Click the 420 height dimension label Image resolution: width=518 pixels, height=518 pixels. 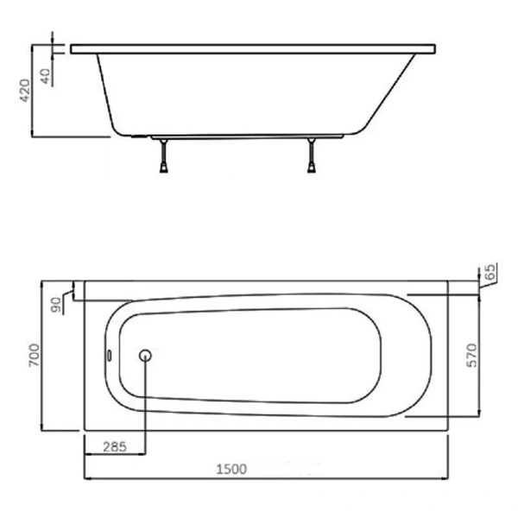pyautogui.click(x=25, y=91)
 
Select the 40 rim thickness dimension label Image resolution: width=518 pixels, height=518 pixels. pyautogui.click(x=46, y=76)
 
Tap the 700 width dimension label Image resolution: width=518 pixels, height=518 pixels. pyautogui.click(x=34, y=355)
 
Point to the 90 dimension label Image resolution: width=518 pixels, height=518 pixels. pyautogui.click(x=56, y=305)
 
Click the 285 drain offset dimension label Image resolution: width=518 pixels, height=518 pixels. pyautogui.click(x=115, y=447)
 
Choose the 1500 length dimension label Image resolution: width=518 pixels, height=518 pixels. pyautogui.click(x=231, y=469)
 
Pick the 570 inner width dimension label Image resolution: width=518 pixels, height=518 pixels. pyautogui.click(x=472, y=356)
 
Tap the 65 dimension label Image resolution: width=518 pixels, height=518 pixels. pyautogui.click(x=491, y=272)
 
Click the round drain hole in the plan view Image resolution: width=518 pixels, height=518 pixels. pyautogui.click(x=145, y=356)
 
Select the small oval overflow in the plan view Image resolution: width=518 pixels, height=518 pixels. pyautogui.click(x=110, y=355)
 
